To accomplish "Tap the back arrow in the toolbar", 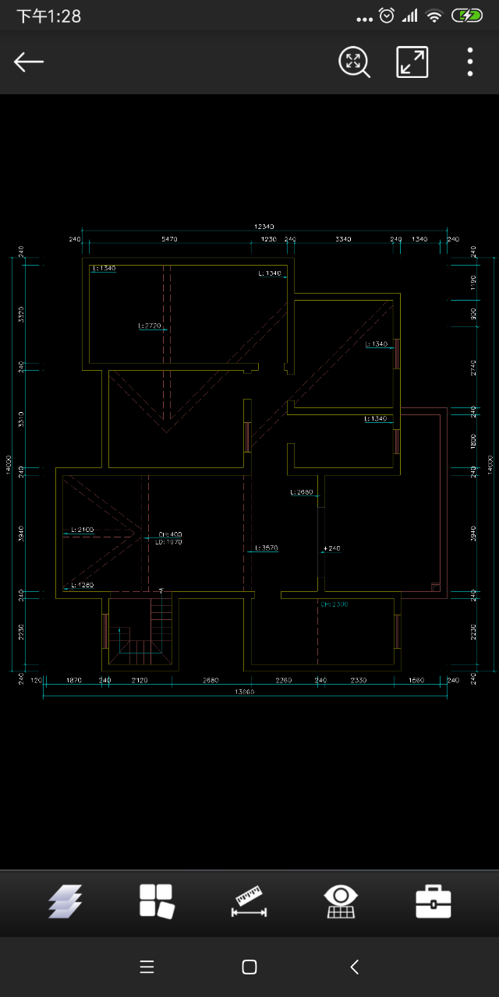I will [29, 62].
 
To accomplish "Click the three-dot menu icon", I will [470, 62].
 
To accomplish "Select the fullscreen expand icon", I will [412, 62].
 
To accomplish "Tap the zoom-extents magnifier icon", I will [353, 62].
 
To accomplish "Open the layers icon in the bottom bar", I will [65, 902].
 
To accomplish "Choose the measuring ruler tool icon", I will [249, 902].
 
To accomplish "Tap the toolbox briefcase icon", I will [434, 902].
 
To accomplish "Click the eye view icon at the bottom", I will [341, 902].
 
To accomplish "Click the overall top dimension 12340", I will [264, 226].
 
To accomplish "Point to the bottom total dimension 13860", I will [244, 692].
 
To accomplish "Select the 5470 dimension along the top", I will [169, 239].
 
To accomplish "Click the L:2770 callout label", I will [150, 326].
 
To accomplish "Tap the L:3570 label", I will [267, 548].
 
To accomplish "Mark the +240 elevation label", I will [331, 548].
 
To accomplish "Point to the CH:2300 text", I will [334, 604].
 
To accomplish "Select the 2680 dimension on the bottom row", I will [211, 680].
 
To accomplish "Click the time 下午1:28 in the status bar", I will [48, 16].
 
